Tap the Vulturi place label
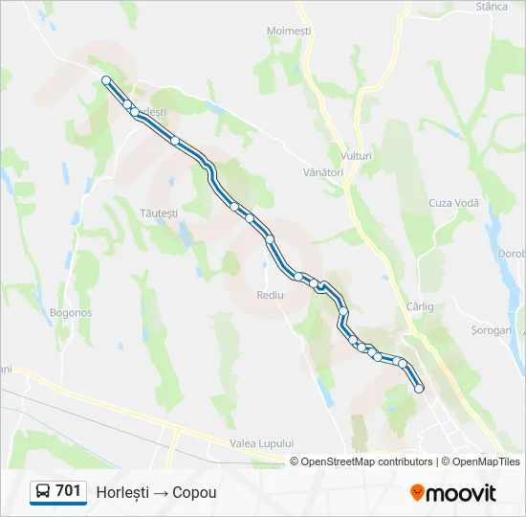point(356,155)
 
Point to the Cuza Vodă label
point(453,203)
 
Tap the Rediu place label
point(271,295)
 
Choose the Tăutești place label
point(159,213)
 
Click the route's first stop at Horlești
point(106,80)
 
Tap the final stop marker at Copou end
point(419,388)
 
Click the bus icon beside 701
point(42,492)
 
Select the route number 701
point(68,491)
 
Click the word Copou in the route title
point(195,492)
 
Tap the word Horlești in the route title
point(121,492)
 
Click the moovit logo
point(453,492)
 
